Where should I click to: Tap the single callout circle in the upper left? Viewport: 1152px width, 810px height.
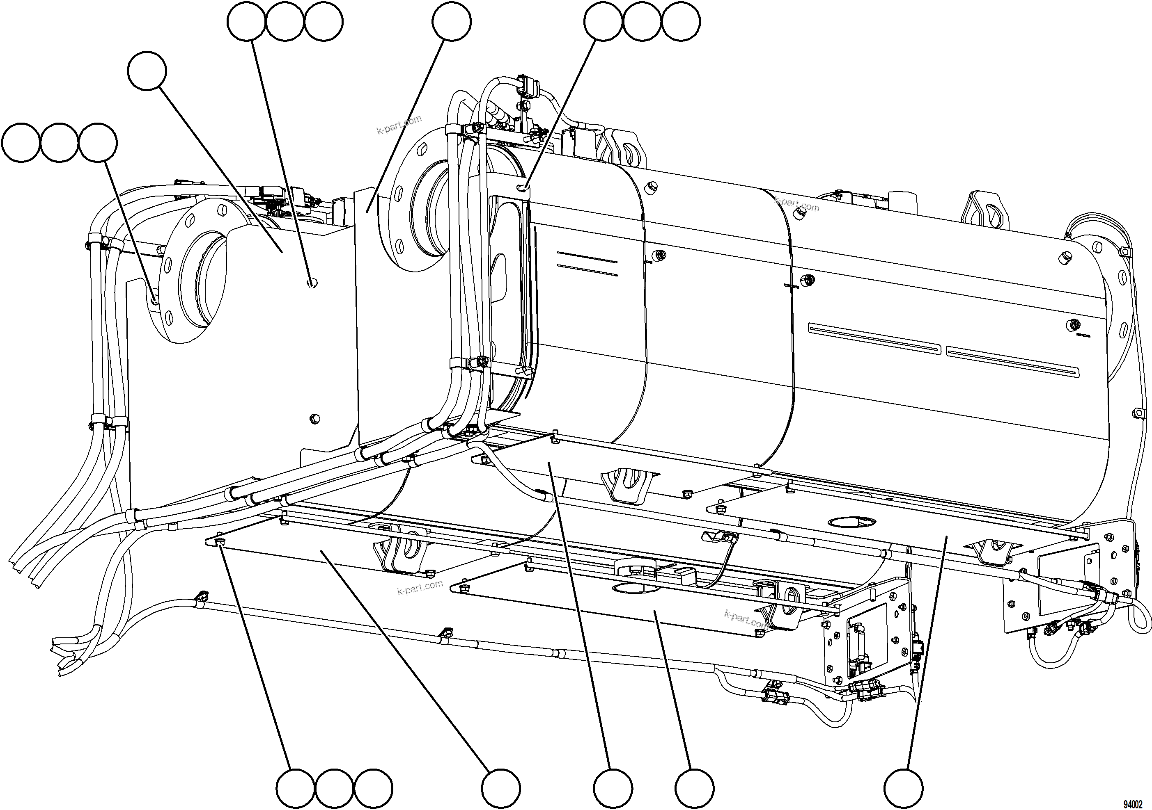point(147,71)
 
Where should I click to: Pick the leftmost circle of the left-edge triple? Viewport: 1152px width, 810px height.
point(21,143)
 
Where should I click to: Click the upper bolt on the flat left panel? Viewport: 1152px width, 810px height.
point(312,284)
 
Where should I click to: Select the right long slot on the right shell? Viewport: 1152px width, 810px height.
point(1012,361)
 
